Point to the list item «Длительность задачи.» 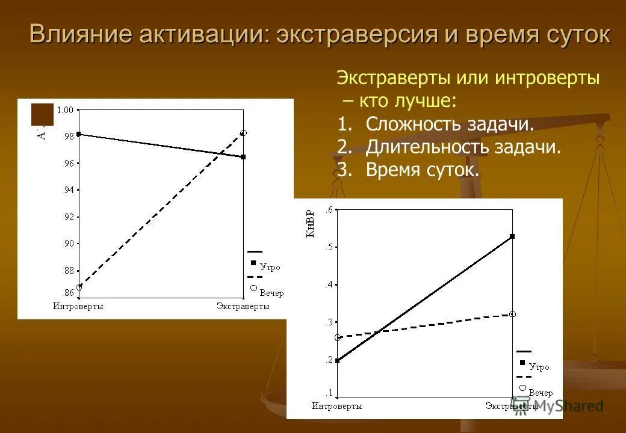463,147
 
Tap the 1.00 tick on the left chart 64,109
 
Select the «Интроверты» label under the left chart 78,307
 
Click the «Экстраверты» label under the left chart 243,307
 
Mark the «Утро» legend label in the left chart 270,268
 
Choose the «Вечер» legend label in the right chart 541,393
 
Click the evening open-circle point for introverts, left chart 79,287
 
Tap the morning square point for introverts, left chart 79,134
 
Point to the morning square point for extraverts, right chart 512,236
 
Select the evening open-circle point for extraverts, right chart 512,314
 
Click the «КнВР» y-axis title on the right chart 311,223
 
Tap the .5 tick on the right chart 329,247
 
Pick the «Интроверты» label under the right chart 336,407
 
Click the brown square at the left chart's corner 42,114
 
